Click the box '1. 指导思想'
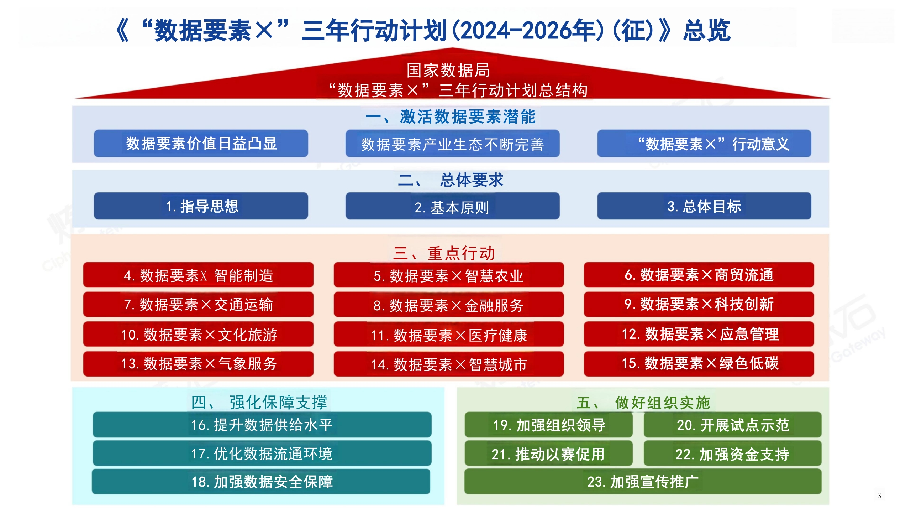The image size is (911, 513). pyautogui.click(x=201, y=206)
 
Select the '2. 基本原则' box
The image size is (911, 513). pyautogui.click(x=452, y=206)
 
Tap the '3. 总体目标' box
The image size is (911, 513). pyautogui.click(x=704, y=206)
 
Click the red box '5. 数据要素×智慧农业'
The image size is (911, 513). pyautogui.click(x=448, y=275)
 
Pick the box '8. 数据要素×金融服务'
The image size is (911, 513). pyautogui.click(x=448, y=304)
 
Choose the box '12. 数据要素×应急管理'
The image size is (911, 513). pyautogui.click(x=699, y=334)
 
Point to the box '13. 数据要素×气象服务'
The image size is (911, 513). pyautogui.click(x=198, y=364)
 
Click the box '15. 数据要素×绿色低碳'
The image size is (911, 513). pyautogui.click(x=699, y=364)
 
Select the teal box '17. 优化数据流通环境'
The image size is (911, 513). pyautogui.click(x=262, y=453)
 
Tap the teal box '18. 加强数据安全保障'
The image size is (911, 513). pyautogui.click(x=261, y=481)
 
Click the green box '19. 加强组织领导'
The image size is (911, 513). pyautogui.click(x=548, y=425)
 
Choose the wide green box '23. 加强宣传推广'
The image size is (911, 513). pyautogui.click(x=643, y=481)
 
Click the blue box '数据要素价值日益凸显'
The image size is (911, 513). pyautogui.click(x=201, y=143)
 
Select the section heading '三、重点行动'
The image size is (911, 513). pyautogui.click(x=444, y=253)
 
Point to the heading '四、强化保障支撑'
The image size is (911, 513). pyautogui.click(x=259, y=402)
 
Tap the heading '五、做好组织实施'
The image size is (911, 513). pyautogui.click(x=643, y=403)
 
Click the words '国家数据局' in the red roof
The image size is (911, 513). pyautogui.click(x=448, y=70)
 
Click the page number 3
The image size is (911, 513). pyautogui.click(x=879, y=496)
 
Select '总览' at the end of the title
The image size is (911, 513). pyautogui.click(x=707, y=30)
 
